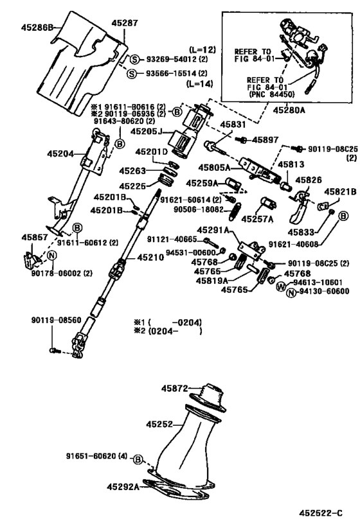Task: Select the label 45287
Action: coord(124,22)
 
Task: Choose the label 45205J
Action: coord(147,131)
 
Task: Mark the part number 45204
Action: coord(61,153)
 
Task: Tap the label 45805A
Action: coord(214,168)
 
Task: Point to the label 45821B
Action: coord(339,192)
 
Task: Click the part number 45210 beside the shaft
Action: coord(150,258)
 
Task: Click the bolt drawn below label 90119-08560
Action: coord(53,349)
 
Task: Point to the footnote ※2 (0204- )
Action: coord(167,331)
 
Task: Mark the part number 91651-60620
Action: coord(96,457)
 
